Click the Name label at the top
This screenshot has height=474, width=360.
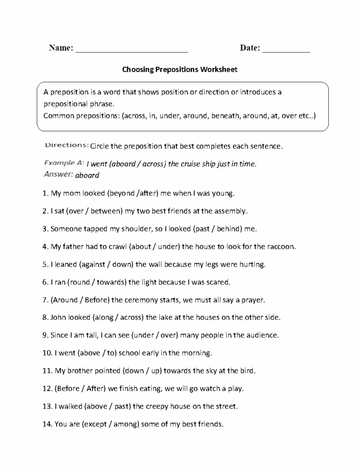point(61,48)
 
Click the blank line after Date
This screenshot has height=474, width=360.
point(286,49)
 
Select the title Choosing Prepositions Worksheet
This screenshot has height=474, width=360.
point(180,70)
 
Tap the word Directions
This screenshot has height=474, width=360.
point(67,145)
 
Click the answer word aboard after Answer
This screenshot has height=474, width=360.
point(87,175)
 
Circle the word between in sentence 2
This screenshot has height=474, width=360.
point(106,211)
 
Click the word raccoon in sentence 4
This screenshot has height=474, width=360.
point(280,247)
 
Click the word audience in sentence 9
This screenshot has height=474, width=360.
point(262,335)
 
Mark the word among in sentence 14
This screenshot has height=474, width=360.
point(125,424)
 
